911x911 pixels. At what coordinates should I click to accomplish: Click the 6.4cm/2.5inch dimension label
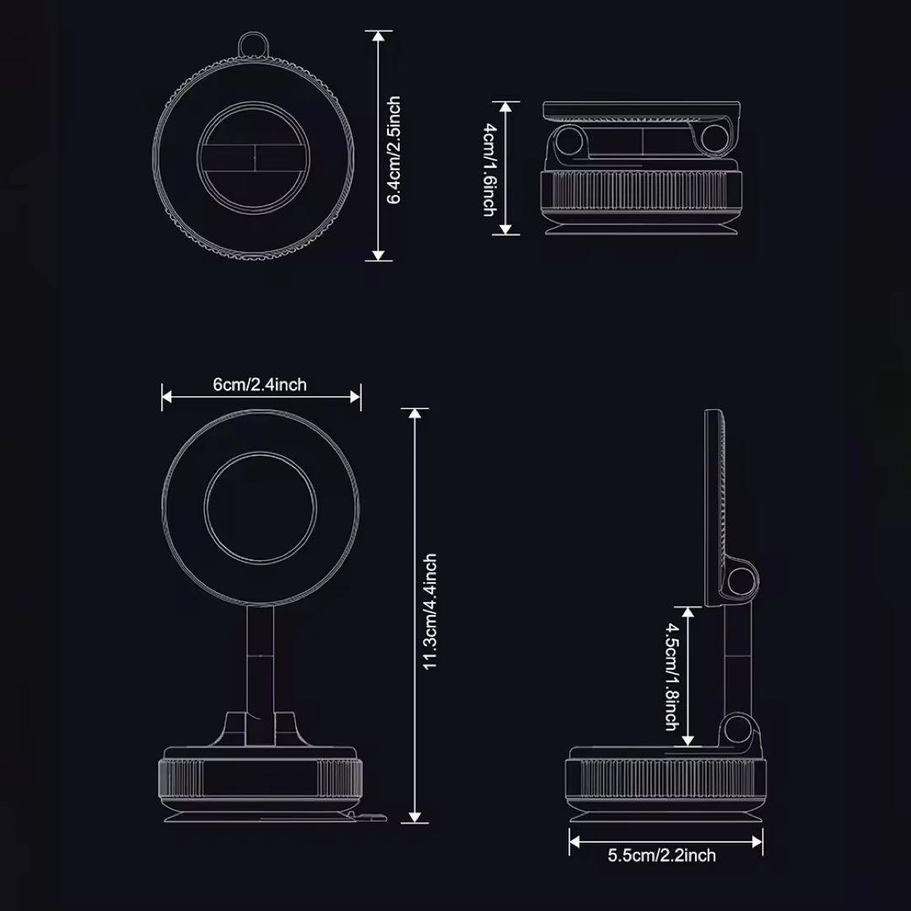(x=395, y=150)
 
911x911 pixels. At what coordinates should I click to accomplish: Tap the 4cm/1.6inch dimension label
(x=490, y=169)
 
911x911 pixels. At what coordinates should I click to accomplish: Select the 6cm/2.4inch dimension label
(x=260, y=385)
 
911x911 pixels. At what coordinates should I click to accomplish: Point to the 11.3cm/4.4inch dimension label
(x=430, y=612)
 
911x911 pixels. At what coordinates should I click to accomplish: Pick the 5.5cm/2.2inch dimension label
(x=662, y=855)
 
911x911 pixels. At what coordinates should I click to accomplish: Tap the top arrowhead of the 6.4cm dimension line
(x=378, y=36)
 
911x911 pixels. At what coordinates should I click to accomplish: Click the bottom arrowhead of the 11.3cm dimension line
(x=414, y=817)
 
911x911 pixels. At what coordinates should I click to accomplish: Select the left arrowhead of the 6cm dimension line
(x=167, y=396)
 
